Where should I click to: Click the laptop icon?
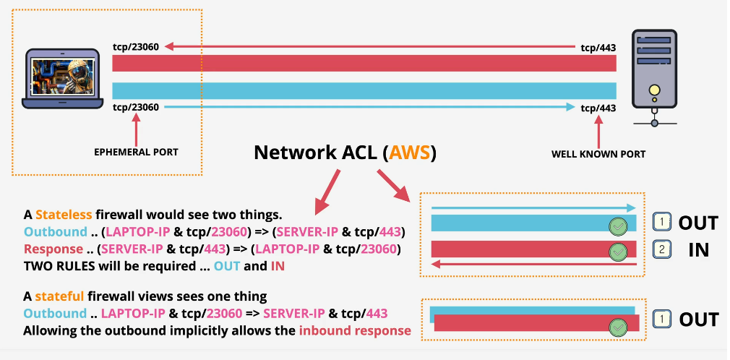click(x=62, y=78)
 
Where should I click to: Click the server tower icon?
click(x=654, y=72)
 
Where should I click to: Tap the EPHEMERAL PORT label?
click(x=136, y=153)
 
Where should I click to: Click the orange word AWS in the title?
click(x=410, y=153)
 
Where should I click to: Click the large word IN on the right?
click(x=698, y=250)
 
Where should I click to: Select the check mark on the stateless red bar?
click(x=617, y=252)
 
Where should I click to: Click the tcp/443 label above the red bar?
click(x=598, y=48)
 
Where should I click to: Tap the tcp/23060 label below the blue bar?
click(x=135, y=107)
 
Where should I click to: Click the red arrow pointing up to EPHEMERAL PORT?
click(x=136, y=129)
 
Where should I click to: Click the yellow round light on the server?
click(x=654, y=90)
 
